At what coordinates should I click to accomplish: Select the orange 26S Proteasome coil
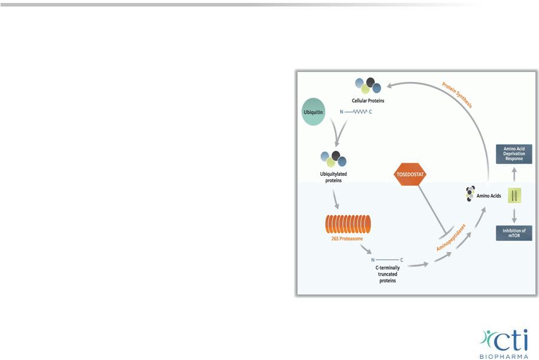coord(348,224)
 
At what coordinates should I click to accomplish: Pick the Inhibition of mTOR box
coord(514,233)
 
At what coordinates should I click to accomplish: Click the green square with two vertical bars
coord(514,195)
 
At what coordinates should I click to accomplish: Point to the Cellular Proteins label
coord(368,100)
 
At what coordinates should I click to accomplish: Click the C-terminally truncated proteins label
coord(388,274)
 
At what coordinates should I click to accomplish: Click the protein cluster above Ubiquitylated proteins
coord(334,159)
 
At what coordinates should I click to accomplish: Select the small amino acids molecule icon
coord(471,195)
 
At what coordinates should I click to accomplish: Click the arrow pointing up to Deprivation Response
coord(514,174)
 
